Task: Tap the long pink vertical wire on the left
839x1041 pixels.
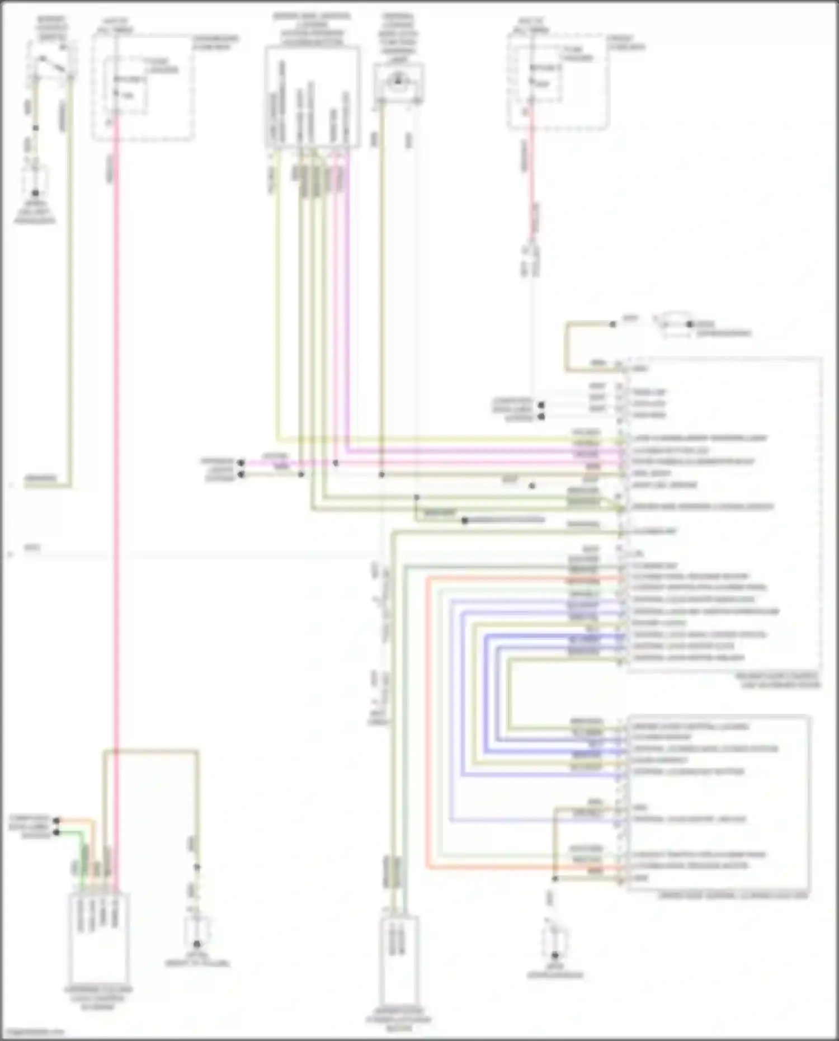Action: [x=116, y=448]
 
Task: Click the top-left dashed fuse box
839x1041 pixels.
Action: [x=143, y=87]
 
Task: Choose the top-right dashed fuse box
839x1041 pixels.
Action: [x=558, y=81]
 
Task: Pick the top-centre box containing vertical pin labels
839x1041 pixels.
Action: [x=312, y=98]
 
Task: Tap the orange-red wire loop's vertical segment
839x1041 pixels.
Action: [x=428, y=722]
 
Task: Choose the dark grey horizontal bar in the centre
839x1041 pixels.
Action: [x=503, y=520]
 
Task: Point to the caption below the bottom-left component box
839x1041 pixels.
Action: [x=98, y=998]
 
